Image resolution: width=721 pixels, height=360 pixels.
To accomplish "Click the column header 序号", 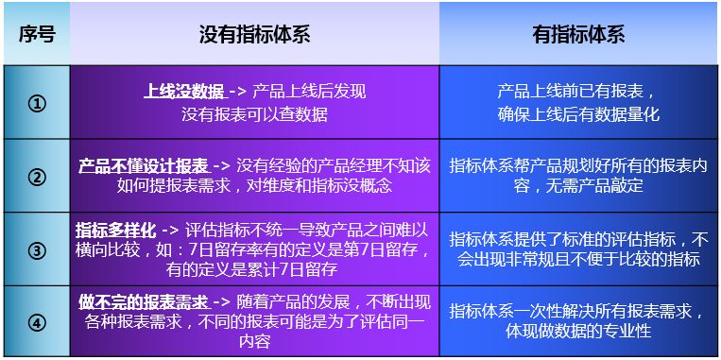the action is coord(37,34).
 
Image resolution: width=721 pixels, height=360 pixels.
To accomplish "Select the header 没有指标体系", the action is coord(254,34).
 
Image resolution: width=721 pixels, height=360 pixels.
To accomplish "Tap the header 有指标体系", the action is coord(579,34).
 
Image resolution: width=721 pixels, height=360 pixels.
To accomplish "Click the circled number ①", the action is coord(37,103).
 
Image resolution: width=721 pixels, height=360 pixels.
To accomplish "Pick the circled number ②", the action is coord(37,177).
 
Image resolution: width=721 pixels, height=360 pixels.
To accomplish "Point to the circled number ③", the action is coord(37,250).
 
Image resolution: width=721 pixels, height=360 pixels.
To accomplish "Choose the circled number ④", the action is coord(37,323).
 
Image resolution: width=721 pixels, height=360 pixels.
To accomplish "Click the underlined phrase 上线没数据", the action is coord(184,92).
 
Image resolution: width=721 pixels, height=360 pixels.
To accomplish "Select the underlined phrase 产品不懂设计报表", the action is coord(143,166).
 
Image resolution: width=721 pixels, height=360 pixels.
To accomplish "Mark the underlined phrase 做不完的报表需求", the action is coord(144,303).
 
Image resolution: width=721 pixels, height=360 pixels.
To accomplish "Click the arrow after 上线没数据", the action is coord(238,92).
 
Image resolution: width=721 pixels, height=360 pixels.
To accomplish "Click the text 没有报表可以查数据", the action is coord(254,115).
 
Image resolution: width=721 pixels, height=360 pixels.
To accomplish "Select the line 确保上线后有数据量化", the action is coord(579,115).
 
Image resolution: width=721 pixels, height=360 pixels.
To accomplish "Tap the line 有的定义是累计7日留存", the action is coord(252,269).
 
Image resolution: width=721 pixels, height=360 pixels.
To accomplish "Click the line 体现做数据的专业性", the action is coord(579,331).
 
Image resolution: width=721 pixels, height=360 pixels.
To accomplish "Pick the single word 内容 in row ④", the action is coord(254,342).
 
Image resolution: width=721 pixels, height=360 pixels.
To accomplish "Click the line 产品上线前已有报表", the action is coord(575,92).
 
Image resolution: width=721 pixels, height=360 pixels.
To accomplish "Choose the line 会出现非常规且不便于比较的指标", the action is coord(579,260).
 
